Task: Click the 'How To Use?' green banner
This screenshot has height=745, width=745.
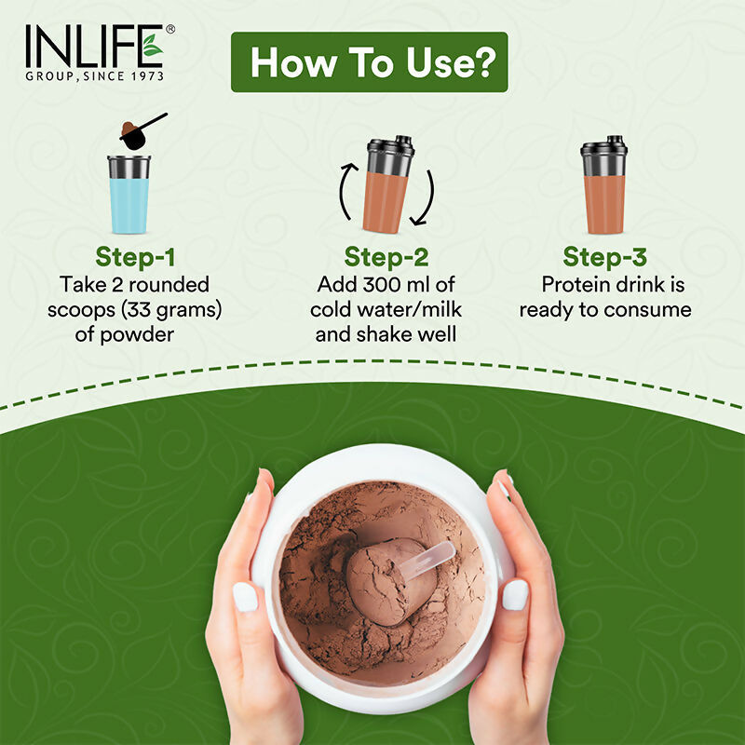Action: pos(369,62)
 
